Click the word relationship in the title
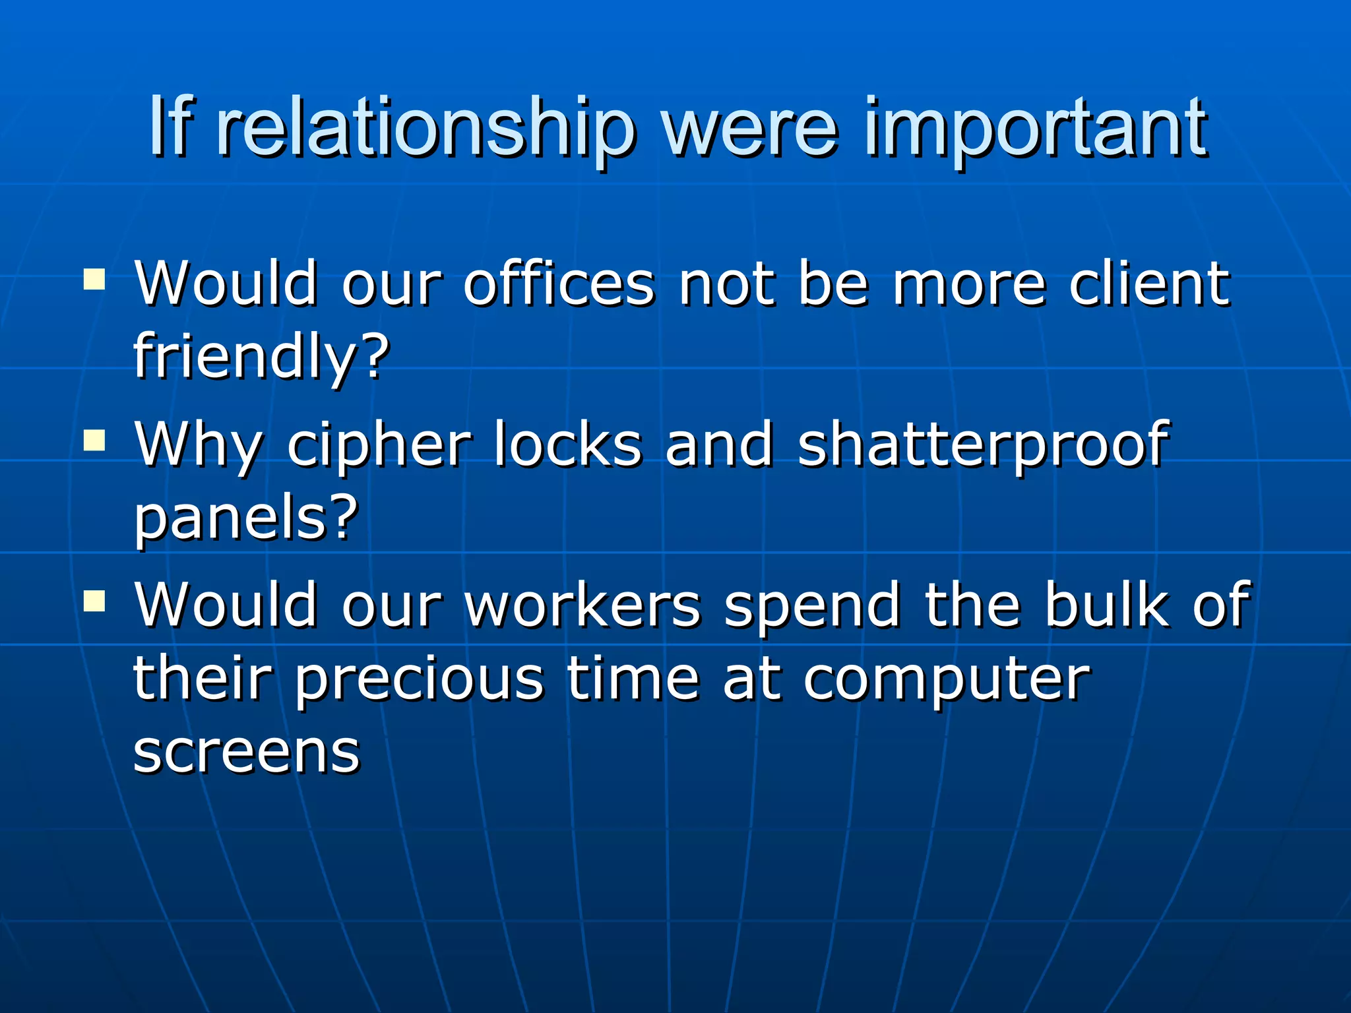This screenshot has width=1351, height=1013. click(x=425, y=129)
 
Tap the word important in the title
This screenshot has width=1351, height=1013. click(x=1036, y=129)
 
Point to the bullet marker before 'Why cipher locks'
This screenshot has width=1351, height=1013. click(x=95, y=440)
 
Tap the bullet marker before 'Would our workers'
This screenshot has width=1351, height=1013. click(x=95, y=600)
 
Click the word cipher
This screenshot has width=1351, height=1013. click(x=379, y=445)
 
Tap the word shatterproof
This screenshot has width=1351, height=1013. click(x=983, y=445)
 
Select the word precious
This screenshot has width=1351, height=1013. click(x=419, y=679)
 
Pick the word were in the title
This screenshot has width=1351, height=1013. click(x=752, y=129)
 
